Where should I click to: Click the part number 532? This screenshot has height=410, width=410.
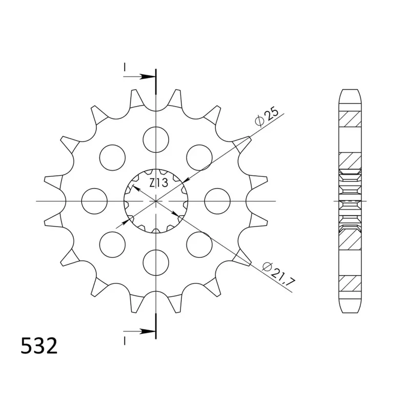tap(39, 346)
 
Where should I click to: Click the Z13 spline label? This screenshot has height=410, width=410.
tap(159, 183)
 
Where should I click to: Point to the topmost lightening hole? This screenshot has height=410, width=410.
tap(156, 139)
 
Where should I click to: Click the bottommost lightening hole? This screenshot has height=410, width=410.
tap(156, 262)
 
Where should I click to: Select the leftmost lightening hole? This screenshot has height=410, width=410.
tap(94, 201)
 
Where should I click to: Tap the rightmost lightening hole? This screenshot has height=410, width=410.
tap(217, 201)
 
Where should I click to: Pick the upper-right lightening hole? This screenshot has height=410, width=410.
tap(199, 158)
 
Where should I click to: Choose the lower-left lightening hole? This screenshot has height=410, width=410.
tap(112, 244)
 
